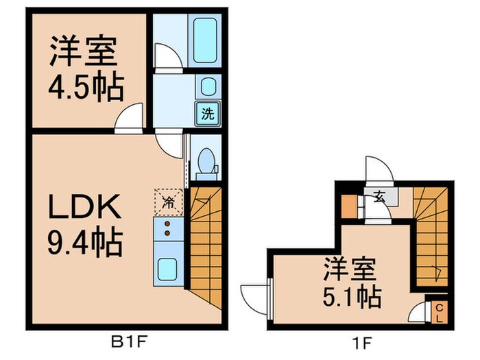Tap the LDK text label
(x=86, y=206)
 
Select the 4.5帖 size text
(x=86, y=88)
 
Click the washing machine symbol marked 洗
(x=206, y=114)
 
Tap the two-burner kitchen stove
(x=166, y=230)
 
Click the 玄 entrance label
(x=379, y=195)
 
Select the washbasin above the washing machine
(x=206, y=87)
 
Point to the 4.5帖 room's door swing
(x=130, y=118)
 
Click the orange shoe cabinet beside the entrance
(x=349, y=206)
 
